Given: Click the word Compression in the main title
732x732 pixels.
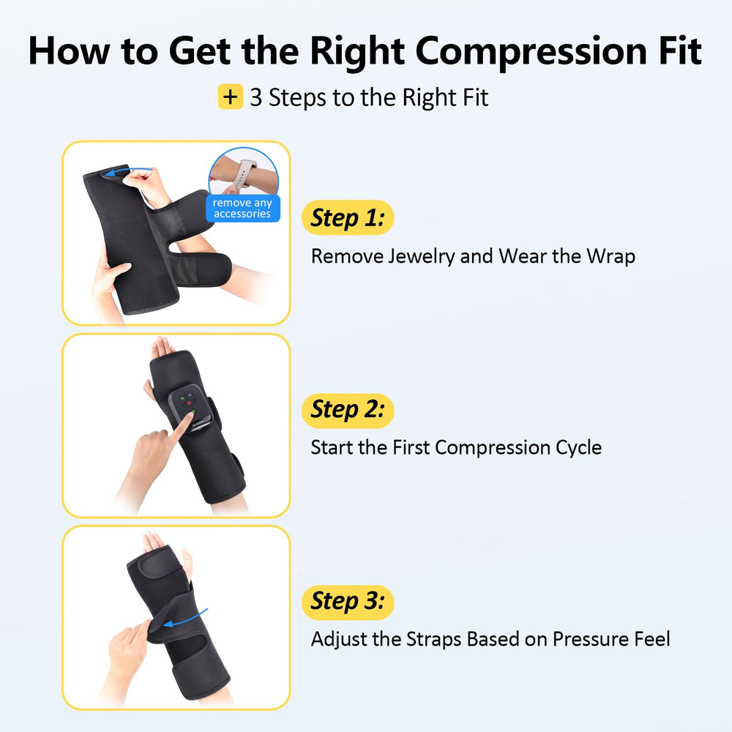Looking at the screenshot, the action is (531, 52).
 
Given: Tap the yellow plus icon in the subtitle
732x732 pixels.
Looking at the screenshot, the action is (230, 97).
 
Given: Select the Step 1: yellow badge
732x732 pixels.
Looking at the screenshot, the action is (348, 217).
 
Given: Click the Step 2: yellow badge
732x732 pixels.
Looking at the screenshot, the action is (348, 410).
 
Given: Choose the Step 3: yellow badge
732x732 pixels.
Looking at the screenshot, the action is (348, 602).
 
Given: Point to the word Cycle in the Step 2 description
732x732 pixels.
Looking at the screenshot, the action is (578, 448).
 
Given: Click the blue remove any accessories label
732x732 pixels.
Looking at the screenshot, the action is (243, 208).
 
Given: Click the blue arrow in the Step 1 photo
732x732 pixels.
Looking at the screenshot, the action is (128, 171).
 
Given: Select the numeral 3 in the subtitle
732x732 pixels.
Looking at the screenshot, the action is (255, 98).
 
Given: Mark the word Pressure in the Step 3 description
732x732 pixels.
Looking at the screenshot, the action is (590, 640).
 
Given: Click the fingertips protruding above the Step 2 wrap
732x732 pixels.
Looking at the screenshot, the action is (162, 347).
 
